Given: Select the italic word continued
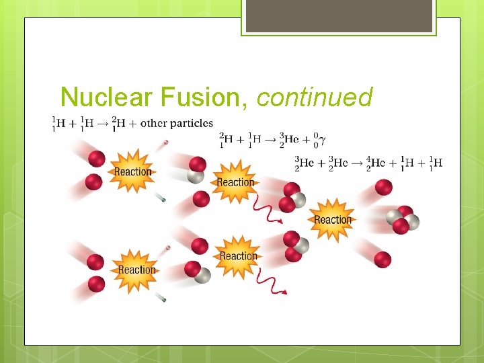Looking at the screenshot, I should [x=314, y=97].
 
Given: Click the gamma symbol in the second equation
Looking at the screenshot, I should [x=323, y=140].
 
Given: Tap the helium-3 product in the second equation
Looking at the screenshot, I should [x=287, y=140].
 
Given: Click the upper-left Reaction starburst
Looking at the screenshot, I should [x=132, y=171].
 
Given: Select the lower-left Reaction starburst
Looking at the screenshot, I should [x=136, y=270].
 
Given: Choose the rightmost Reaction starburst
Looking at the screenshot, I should [x=332, y=220].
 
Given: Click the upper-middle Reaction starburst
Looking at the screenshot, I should [x=235, y=182].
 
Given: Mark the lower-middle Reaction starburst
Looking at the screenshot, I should [x=238, y=256].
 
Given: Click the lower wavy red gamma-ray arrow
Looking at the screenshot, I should [x=272, y=285].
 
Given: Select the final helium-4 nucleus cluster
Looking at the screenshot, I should [x=402, y=220].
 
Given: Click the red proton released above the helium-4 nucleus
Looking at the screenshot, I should [x=384, y=188].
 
